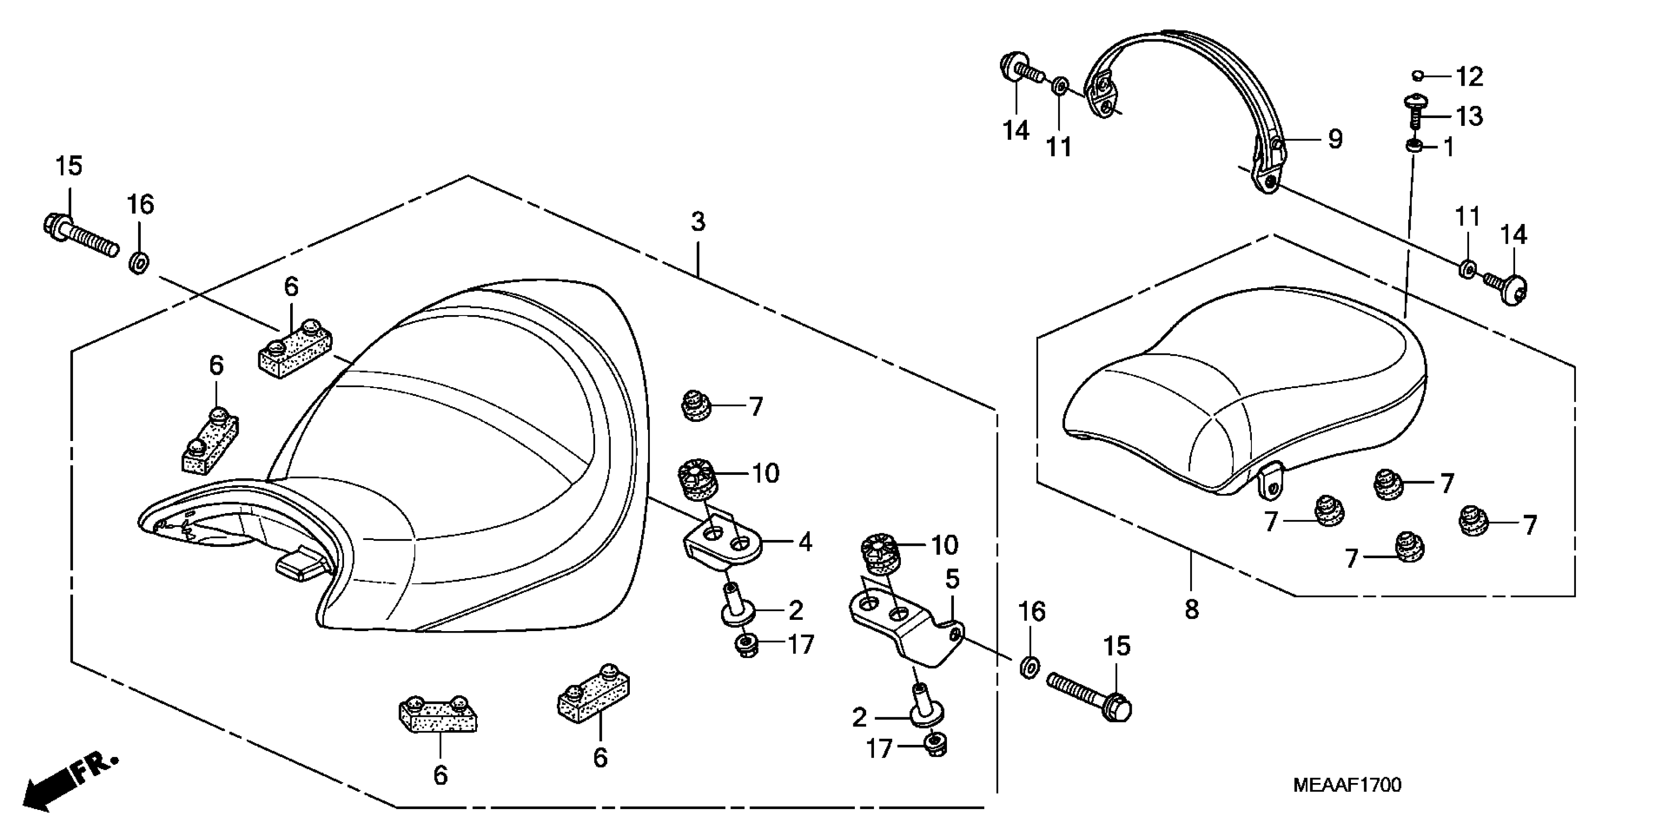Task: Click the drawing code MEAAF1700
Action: (x=1347, y=785)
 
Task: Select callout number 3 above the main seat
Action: (x=697, y=222)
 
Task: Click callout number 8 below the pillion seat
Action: (x=1192, y=610)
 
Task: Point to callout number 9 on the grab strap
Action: (x=1335, y=139)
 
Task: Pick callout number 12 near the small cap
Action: (x=1469, y=77)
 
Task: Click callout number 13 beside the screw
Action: (x=1469, y=117)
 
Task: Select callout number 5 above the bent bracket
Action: (x=951, y=579)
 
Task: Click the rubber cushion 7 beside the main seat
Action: (x=696, y=407)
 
